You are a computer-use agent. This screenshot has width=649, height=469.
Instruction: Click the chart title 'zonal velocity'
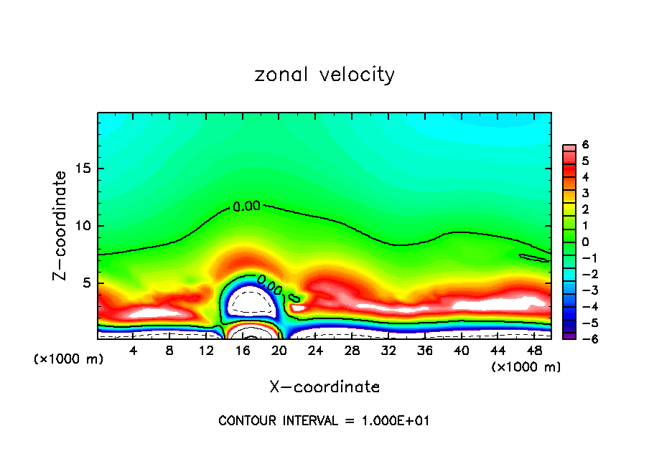click(324, 75)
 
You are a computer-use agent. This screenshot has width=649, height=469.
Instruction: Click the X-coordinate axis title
click(324, 387)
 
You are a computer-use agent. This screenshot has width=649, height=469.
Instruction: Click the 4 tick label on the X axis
click(133, 351)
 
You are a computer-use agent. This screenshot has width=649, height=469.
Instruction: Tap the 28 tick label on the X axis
click(352, 351)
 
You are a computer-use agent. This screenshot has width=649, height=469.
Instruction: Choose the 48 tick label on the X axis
click(533, 351)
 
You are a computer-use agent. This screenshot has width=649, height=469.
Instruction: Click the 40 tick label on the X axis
click(461, 351)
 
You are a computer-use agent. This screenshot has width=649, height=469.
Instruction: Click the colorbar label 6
click(585, 145)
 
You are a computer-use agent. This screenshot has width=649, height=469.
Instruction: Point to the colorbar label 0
click(585, 242)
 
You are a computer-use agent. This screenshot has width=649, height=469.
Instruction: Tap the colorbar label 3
click(585, 193)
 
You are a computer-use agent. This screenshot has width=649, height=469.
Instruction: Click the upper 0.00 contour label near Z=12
click(246, 207)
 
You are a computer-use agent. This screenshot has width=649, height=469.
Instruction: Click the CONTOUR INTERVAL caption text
click(324, 421)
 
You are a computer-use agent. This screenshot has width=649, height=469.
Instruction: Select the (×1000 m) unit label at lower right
click(526, 367)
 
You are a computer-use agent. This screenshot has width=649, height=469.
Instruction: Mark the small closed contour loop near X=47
click(534, 257)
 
